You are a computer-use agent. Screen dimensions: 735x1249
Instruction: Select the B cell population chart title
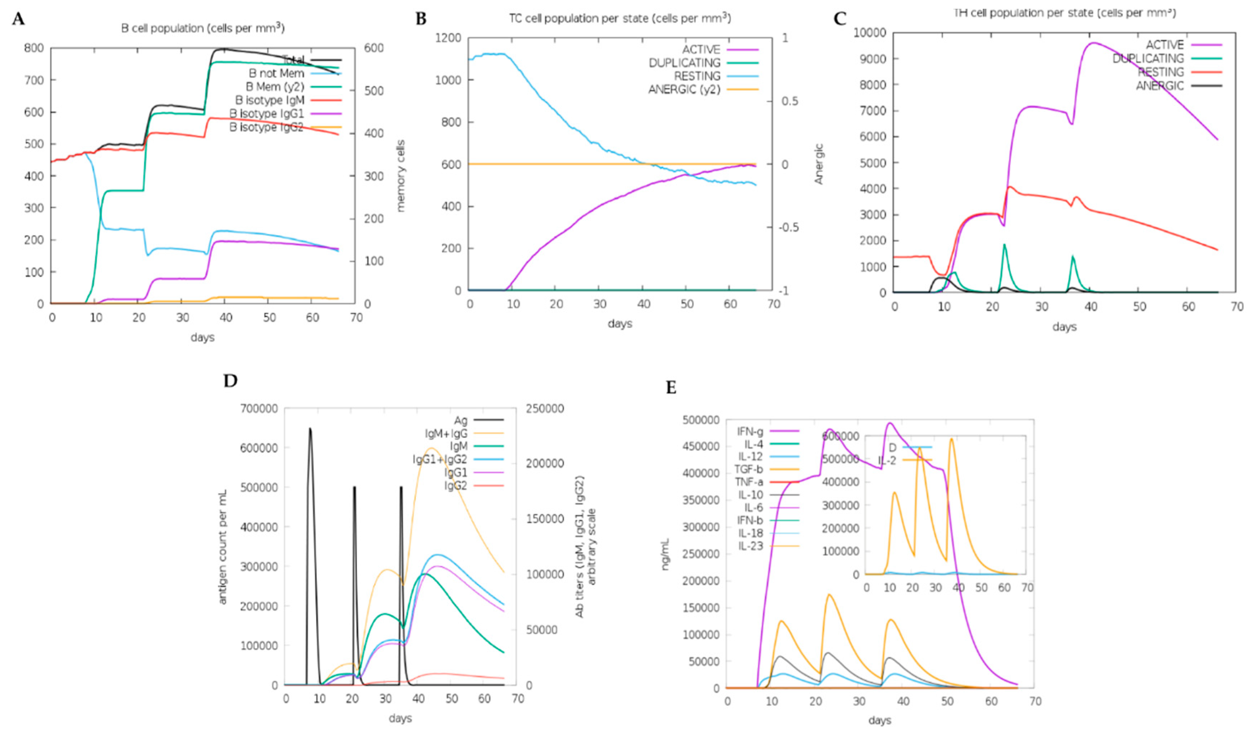pyautogui.click(x=203, y=28)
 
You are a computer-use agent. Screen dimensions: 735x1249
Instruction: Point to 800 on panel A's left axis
pyautogui.click(x=34, y=48)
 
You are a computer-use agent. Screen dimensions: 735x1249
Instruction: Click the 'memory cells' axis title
pyautogui.click(x=401, y=176)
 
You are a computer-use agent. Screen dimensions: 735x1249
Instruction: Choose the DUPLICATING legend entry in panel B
pyautogui.click(x=685, y=63)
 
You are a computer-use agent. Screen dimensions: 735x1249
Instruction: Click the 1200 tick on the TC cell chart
pyautogui.click(x=448, y=38)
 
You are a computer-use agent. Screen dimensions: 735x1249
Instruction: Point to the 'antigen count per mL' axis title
pyautogui.click(x=223, y=547)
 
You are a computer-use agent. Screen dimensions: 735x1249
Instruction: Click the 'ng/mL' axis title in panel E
pyautogui.click(x=665, y=554)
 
